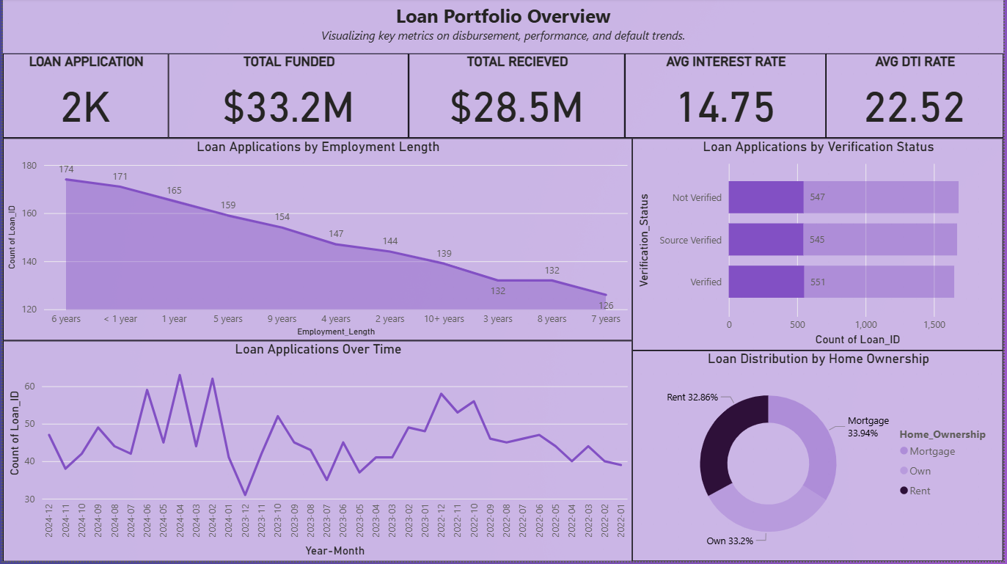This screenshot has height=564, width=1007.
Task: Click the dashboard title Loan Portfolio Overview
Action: pos(503,16)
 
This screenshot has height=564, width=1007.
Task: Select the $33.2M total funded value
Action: pos(288,107)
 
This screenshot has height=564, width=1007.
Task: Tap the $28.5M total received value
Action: pos(516,107)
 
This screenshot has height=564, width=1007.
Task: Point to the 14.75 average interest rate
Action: pos(725,107)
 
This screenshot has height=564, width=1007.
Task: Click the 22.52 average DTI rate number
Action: pos(914,107)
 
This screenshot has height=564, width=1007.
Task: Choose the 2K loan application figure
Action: pos(86,107)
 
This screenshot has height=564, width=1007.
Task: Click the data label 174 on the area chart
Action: pos(66,169)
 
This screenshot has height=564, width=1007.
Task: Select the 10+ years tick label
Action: pos(444,319)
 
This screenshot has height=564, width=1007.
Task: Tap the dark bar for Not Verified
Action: pos(766,197)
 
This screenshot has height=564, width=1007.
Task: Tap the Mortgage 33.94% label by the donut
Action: pos(868,426)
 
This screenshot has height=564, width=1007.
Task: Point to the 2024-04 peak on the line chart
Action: pos(180,376)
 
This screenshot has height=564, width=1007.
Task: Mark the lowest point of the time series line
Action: pos(245,495)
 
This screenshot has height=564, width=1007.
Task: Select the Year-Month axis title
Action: pos(334,550)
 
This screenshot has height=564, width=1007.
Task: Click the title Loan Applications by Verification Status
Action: pos(818,147)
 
